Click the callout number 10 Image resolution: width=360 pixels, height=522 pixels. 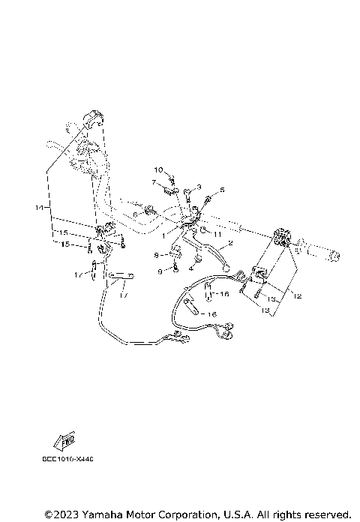point(158,170)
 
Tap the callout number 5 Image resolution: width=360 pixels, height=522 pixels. point(199,186)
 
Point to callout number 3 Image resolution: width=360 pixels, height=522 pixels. point(191,268)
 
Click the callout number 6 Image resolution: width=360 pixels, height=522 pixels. point(222,190)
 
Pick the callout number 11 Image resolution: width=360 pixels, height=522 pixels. point(135,215)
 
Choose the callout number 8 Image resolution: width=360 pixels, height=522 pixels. point(156,256)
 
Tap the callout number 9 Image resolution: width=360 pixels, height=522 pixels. point(160,271)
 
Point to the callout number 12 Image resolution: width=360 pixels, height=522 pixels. point(297,296)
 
